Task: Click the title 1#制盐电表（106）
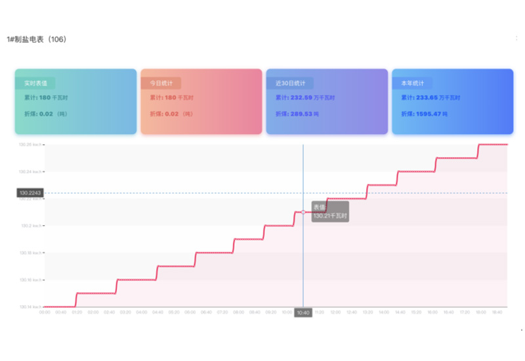point(37,39)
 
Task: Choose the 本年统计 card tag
point(412,83)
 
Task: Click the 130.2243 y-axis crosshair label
point(29,193)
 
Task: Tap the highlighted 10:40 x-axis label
point(303,313)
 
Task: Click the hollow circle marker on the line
point(303,212)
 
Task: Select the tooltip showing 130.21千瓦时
point(329,211)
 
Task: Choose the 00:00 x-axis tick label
point(45,312)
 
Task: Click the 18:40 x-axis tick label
point(497,312)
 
